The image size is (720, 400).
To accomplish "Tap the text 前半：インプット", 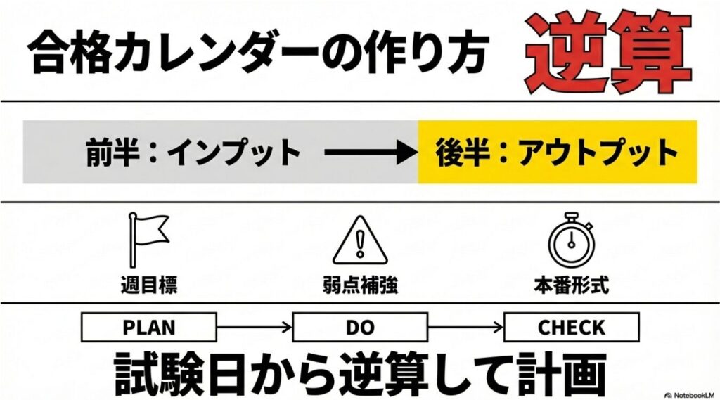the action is tap(193, 153).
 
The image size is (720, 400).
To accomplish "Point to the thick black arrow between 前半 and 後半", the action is tap(370, 153).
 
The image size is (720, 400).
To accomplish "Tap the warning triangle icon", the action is tap(360, 240).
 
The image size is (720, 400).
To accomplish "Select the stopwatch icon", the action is tap(571, 240).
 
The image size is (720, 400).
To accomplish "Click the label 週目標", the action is tap(149, 285).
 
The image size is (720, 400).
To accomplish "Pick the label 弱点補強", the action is tap(360, 285).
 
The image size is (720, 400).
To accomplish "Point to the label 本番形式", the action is tap(571, 285).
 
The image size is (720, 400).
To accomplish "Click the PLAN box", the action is tap(149, 328).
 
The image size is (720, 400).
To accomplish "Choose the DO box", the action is tap(360, 328).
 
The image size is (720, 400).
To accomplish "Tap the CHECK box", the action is tap(571, 328).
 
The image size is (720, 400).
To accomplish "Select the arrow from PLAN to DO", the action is tap(255, 328).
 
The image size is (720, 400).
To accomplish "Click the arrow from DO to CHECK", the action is tap(465, 328).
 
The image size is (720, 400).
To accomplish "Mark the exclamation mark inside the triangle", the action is tap(360, 243).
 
